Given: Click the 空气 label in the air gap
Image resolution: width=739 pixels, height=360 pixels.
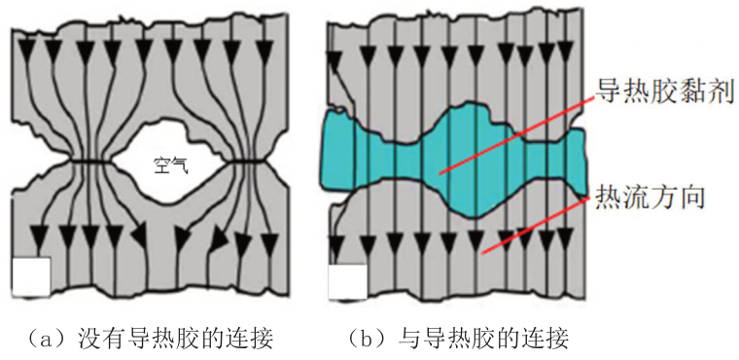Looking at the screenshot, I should (170, 165).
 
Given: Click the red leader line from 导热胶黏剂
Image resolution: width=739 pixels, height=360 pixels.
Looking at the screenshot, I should (525, 131).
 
